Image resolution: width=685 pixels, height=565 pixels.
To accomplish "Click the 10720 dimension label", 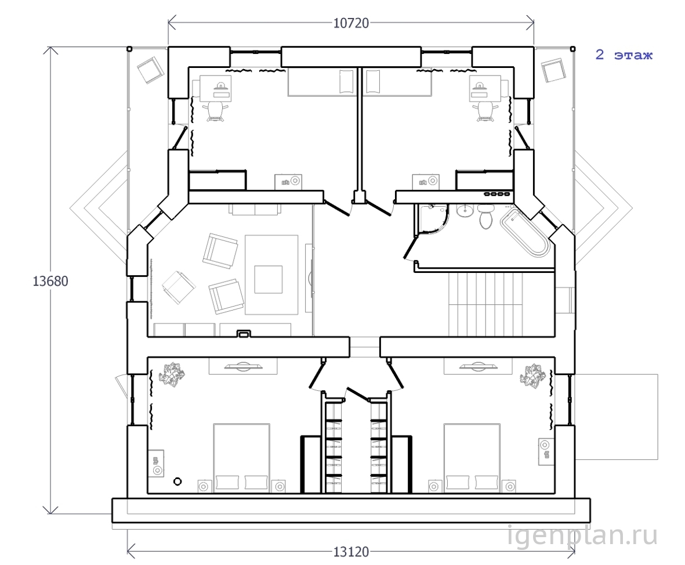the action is [x=351, y=23].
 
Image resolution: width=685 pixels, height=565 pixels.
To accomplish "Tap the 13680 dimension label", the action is [x=50, y=280].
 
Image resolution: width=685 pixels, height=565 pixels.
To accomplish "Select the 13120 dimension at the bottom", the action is [x=351, y=552].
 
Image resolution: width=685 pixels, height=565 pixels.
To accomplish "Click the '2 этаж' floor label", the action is [x=624, y=55].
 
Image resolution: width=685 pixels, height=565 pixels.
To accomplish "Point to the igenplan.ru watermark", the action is [x=582, y=535].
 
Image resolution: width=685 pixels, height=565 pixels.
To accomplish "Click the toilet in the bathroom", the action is [x=485, y=217].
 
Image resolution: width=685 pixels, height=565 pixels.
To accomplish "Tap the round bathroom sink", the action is [x=465, y=211].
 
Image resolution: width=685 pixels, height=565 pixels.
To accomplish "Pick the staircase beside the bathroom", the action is [x=485, y=304].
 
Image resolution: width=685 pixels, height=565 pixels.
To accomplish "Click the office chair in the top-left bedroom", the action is [x=216, y=111].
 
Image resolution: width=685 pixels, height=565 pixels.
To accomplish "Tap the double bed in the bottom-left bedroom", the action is [x=241, y=458].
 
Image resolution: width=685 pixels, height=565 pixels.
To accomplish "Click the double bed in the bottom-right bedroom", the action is [x=472, y=458].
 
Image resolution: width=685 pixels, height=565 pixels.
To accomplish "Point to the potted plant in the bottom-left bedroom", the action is [x=171, y=375].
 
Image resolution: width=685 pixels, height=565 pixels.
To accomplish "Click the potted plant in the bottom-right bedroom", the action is [x=532, y=375].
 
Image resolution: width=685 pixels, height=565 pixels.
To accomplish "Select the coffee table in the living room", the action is [x=269, y=279].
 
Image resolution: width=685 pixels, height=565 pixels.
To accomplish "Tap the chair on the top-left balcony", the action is [x=150, y=70].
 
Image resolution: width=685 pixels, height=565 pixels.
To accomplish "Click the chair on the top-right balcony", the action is [x=553, y=70].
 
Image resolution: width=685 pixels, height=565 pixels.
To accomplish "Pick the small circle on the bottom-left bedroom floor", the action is [x=177, y=481].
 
